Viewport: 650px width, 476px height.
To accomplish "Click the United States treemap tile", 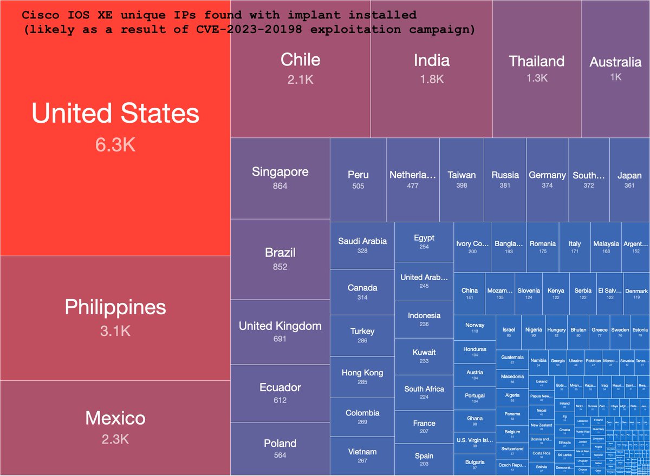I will click(115, 127).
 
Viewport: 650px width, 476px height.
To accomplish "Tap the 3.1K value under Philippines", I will click(115, 331).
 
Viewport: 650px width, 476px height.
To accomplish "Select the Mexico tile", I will click(115, 427).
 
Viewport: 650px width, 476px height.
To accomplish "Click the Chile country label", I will click(300, 59).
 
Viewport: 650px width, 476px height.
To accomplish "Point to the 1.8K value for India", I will click(432, 79).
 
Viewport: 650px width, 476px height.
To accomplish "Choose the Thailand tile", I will click(536, 68).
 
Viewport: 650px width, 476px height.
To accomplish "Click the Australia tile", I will click(615, 68).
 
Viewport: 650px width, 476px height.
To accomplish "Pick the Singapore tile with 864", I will click(280, 178).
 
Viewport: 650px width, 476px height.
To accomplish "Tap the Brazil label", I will click(280, 253).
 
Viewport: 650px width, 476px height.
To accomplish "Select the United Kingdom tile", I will click(280, 332).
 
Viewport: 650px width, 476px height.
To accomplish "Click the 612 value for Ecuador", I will click(280, 400).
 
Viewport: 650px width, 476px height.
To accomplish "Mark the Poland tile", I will click(280, 448).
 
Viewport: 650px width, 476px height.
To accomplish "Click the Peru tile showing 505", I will click(358, 180).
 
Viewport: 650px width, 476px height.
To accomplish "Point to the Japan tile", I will click(629, 180).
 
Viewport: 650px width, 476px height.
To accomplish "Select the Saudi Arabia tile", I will click(362, 245).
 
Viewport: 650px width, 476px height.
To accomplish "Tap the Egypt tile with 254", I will click(424, 242).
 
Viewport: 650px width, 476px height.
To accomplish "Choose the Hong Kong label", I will click(362, 373).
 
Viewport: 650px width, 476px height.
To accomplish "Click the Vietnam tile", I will click(362, 455).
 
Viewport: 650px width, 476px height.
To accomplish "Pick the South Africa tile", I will click(424, 393).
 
